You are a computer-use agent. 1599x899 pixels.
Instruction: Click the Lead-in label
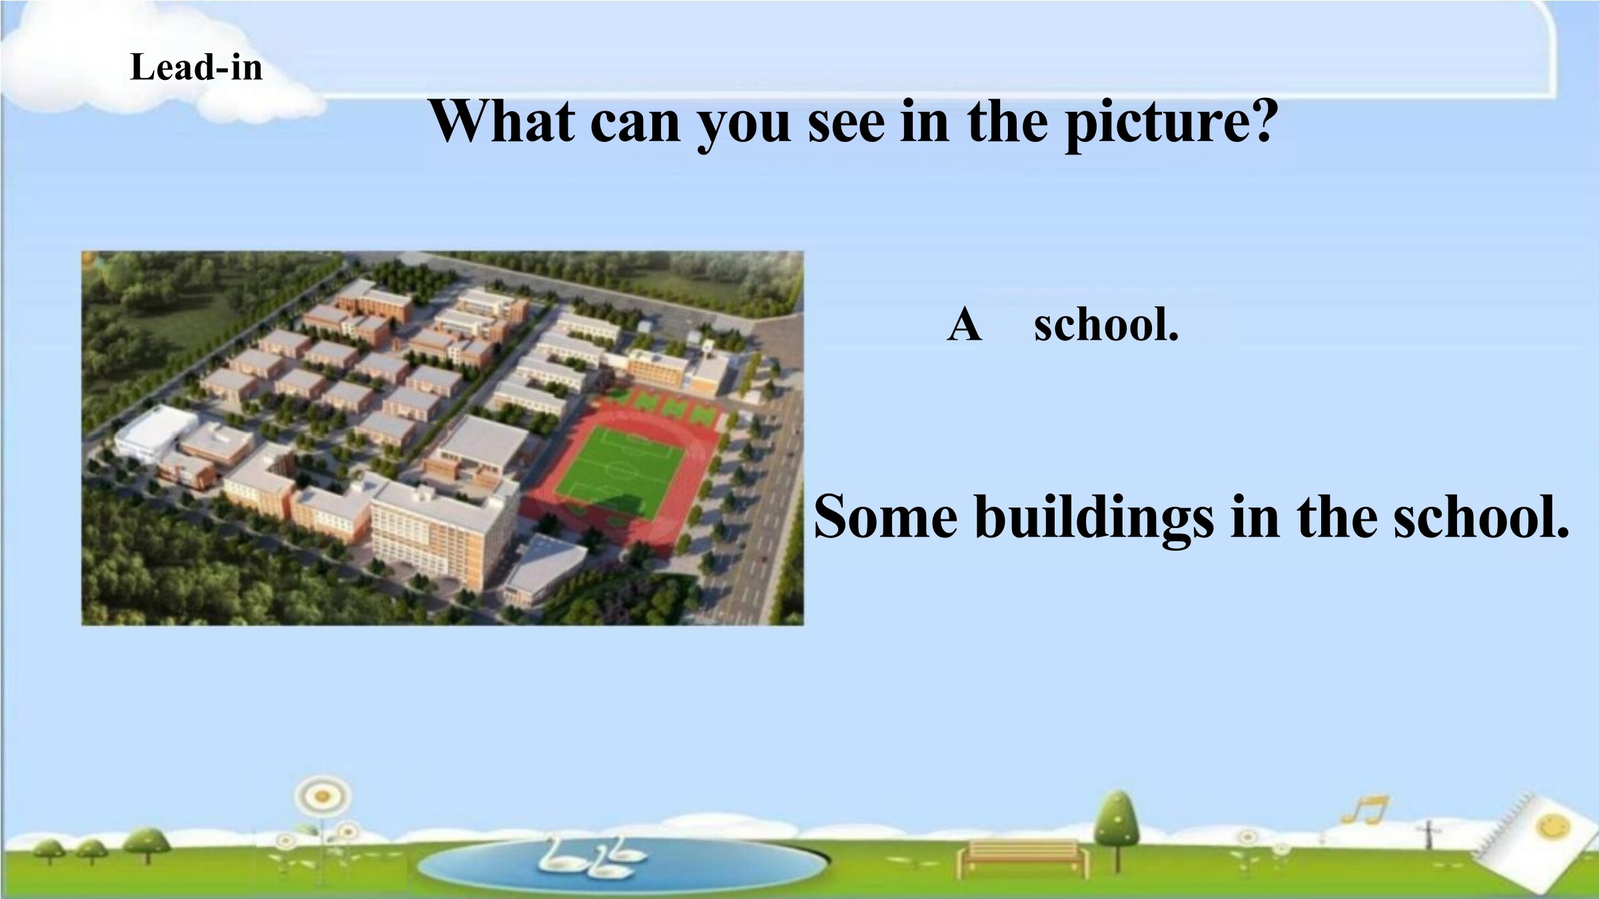tap(196, 67)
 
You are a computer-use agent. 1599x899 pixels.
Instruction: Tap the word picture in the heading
tap(1171, 124)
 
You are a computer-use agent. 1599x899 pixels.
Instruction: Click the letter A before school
tap(964, 325)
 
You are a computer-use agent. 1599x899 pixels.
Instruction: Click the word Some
tap(885, 517)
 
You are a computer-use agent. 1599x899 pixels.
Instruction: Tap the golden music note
tap(1364, 810)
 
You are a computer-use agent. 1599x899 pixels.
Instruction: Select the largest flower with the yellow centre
tap(322, 795)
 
